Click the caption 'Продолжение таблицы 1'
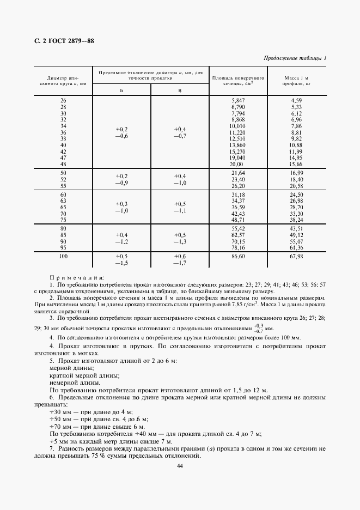pyautogui.click(x=295, y=58)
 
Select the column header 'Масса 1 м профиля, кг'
pyautogui.click(x=296, y=81)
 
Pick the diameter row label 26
pyautogui.click(x=63, y=101)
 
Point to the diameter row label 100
pyautogui.click(x=63, y=256)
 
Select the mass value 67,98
pyautogui.click(x=296, y=256)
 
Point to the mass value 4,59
pyautogui.click(x=296, y=101)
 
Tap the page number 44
pyautogui.click(x=179, y=465)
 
